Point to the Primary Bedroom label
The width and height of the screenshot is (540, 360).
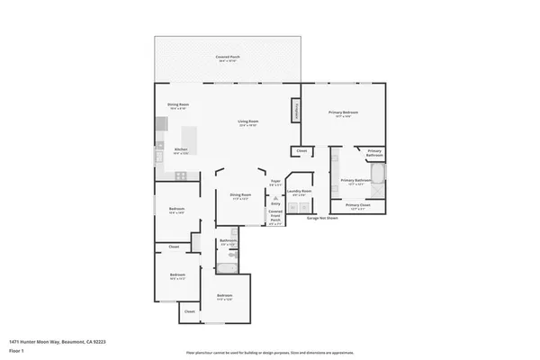[343, 112]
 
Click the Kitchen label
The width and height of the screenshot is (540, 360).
[181, 150]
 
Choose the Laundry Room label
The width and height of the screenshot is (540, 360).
[299, 191]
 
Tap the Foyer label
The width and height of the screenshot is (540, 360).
[275, 182]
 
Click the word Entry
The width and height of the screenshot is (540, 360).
[275, 204]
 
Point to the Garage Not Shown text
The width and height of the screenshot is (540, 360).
[321, 218]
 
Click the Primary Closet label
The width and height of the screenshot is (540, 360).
[359, 205]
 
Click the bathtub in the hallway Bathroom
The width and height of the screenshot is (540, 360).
[228, 263]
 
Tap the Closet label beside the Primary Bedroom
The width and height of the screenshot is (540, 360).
[302, 150]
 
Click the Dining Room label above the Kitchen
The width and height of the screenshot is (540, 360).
[178, 105]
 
